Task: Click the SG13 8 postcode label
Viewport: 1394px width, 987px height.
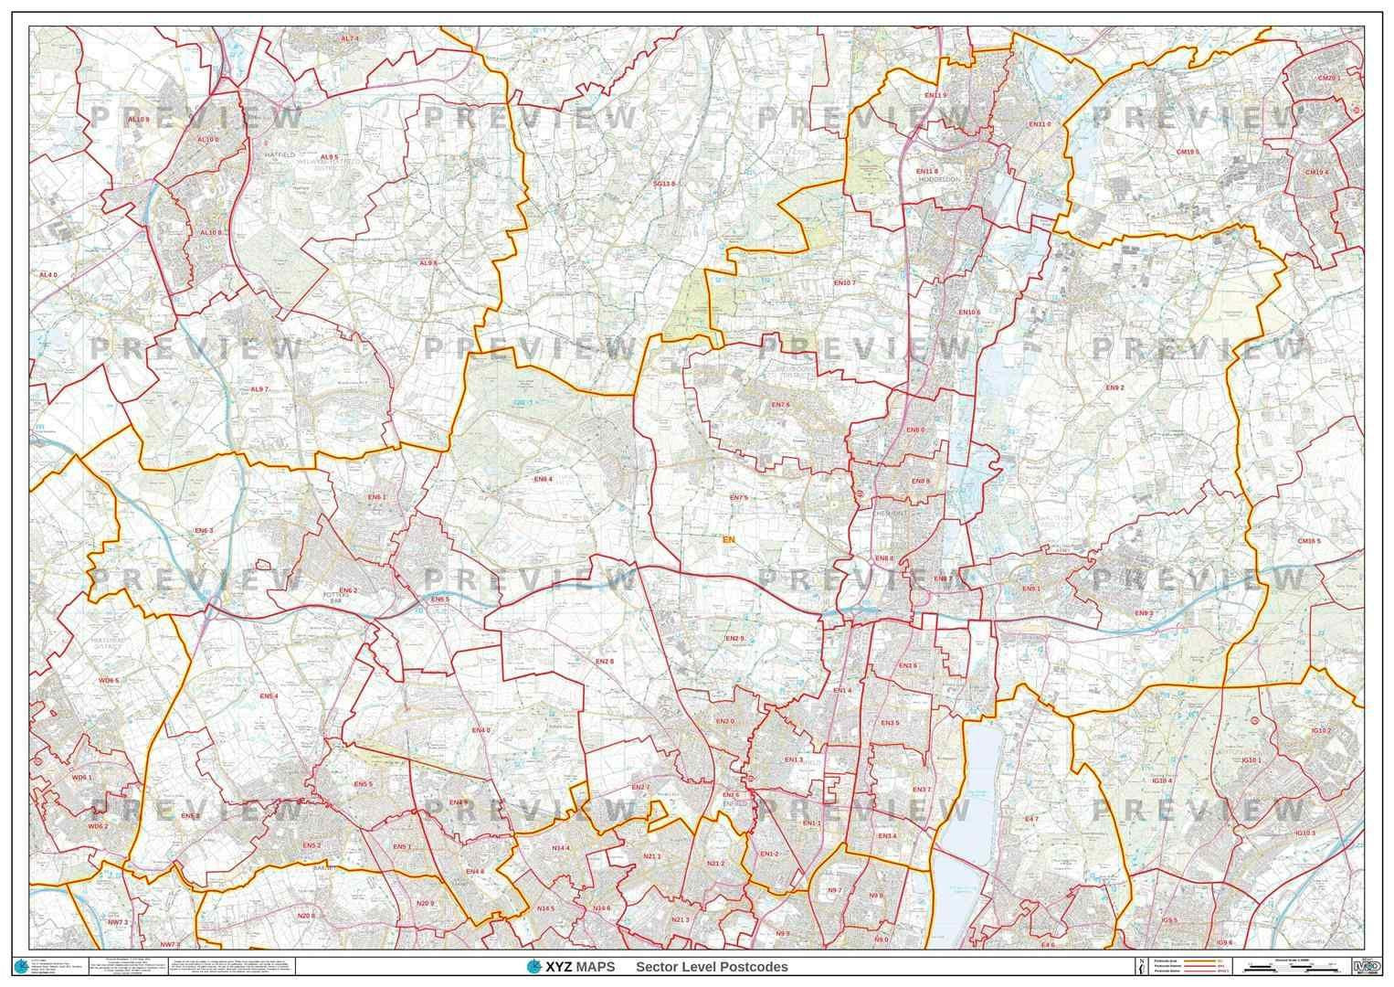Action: coord(664,184)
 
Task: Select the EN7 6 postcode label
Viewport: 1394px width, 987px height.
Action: coord(779,405)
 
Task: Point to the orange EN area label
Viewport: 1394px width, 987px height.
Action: coord(728,540)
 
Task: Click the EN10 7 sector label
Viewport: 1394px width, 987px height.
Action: coord(843,283)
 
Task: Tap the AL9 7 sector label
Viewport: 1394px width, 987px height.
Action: coord(259,389)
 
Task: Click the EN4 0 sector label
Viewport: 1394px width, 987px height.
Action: coord(481,730)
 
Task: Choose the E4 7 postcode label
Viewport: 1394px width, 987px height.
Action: coord(1031,820)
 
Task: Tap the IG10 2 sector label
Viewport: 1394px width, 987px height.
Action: coord(1320,731)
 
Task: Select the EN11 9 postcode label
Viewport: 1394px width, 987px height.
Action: coord(935,95)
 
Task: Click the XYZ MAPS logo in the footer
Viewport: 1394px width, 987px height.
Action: coord(570,967)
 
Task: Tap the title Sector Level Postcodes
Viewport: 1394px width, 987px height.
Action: coord(712,967)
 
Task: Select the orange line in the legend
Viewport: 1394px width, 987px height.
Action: coord(1205,961)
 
